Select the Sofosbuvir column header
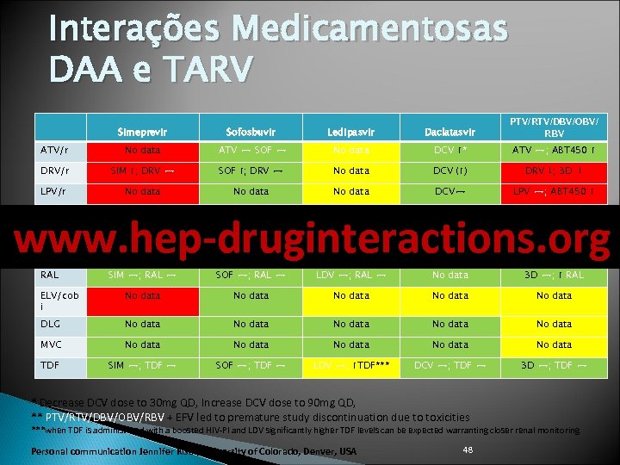point(251,131)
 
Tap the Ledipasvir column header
point(350,131)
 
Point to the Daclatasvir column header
point(450,131)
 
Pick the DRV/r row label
point(54,170)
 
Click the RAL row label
point(50,276)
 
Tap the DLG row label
point(51,324)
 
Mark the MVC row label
point(52,344)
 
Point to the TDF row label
point(50,365)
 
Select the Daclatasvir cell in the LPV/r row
point(450,192)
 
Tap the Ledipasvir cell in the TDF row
point(350,365)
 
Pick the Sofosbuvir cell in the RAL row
point(251,276)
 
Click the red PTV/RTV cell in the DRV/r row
point(555,170)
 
